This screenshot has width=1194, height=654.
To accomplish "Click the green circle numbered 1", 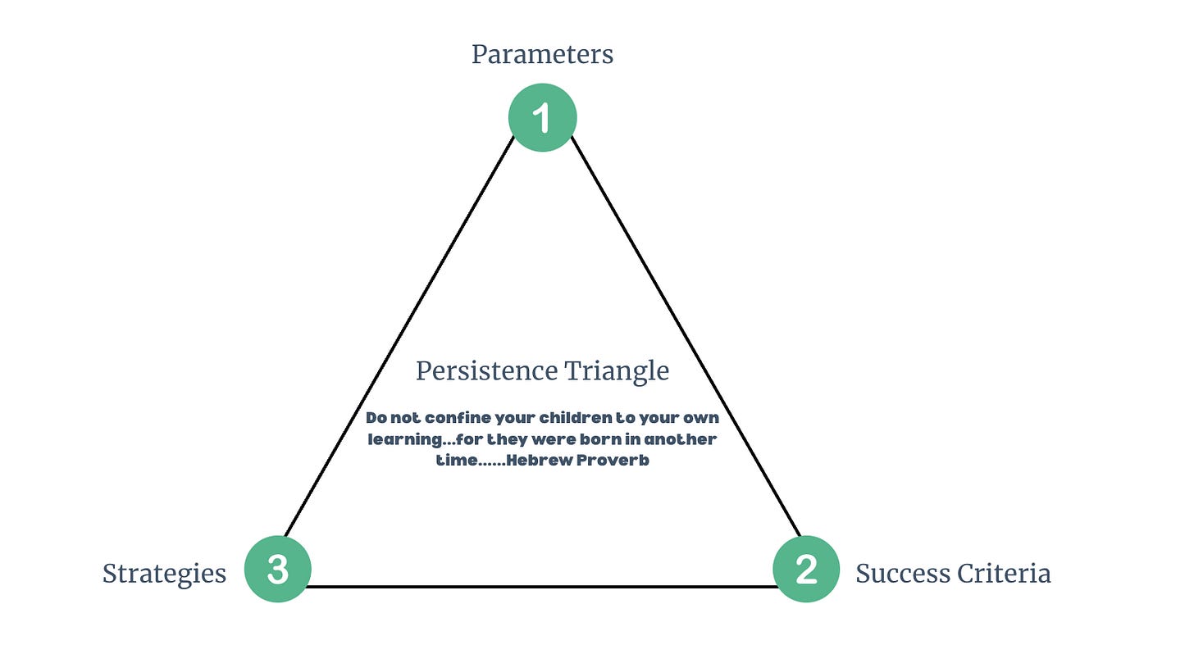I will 542,118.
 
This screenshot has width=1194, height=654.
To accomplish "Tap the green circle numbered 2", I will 806,569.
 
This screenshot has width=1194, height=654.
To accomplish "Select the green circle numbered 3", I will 278,569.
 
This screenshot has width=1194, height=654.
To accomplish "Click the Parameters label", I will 542,55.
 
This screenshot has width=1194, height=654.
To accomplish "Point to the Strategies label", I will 164,574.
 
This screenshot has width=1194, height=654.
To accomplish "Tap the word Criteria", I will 1002,574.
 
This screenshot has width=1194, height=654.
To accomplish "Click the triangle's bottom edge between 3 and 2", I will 542,587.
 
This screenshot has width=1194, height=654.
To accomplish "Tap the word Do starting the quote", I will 376,418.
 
